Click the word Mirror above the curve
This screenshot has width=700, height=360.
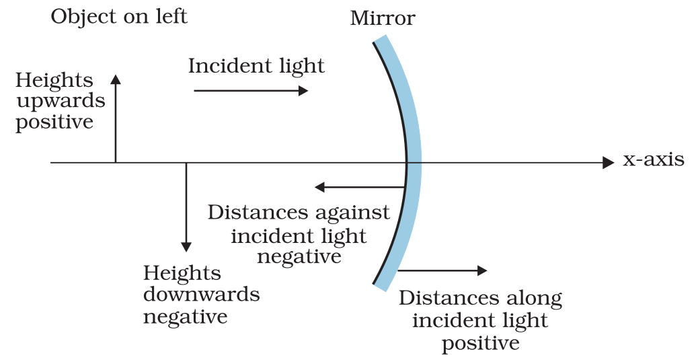click(383, 18)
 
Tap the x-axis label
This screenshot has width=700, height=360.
click(653, 160)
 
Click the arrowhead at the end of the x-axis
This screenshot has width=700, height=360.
click(609, 162)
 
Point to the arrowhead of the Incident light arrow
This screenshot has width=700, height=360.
click(303, 89)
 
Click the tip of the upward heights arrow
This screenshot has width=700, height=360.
click(116, 77)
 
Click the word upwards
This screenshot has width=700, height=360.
click(61, 102)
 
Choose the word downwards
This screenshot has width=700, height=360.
click(201, 295)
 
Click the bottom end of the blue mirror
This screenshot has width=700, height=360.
click(381, 287)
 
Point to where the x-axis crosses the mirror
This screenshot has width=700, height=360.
click(407, 162)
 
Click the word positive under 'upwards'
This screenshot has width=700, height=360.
click(54, 122)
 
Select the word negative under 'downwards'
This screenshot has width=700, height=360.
click(185, 316)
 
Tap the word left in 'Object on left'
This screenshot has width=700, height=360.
click(171, 16)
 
